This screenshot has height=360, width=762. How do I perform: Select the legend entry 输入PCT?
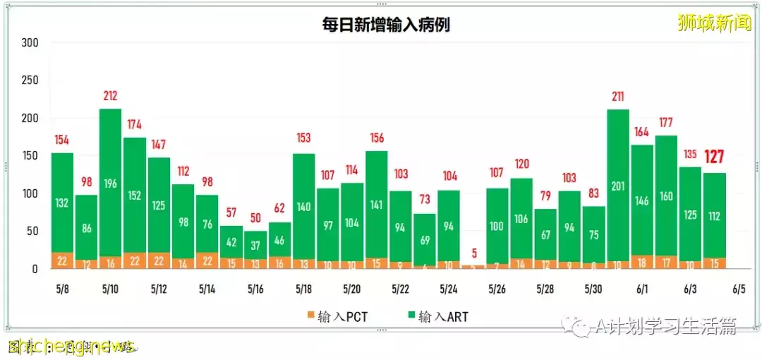click(x=341, y=317)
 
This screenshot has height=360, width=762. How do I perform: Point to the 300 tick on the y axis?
click(x=30, y=43)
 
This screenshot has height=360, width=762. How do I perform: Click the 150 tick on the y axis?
click(x=30, y=156)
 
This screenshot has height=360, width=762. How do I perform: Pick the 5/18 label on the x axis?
click(x=303, y=289)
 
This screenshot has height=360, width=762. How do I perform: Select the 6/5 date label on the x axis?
click(x=739, y=289)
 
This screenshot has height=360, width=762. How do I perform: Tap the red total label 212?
click(x=110, y=96)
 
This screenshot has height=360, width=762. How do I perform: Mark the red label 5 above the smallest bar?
click(x=474, y=252)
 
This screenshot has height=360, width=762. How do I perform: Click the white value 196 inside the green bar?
click(x=110, y=184)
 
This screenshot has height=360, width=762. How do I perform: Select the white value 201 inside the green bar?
click(x=619, y=186)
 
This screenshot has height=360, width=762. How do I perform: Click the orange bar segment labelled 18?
click(x=643, y=262)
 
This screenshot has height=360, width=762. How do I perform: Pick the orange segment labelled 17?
click(x=667, y=262)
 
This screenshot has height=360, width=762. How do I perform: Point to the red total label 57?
click(x=231, y=213)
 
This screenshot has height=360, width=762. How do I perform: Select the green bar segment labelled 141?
click(x=376, y=205)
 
